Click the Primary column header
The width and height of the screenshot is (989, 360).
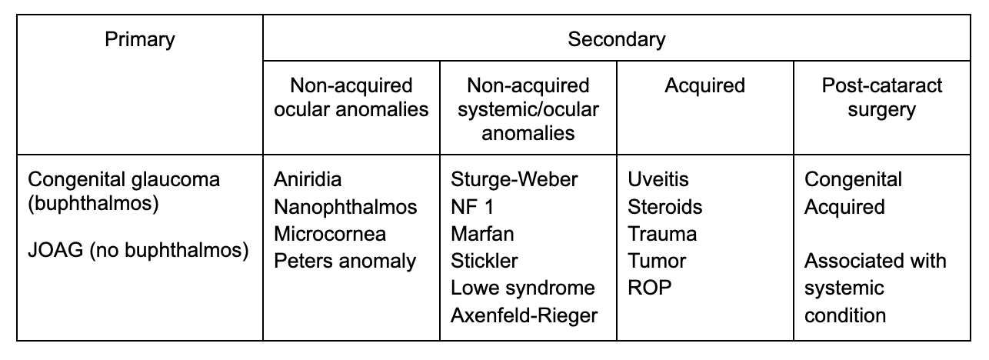click(139, 38)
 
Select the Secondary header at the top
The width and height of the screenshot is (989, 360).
click(617, 38)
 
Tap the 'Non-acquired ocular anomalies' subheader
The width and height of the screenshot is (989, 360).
click(352, 97)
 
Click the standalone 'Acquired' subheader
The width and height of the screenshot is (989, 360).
click(705, 85)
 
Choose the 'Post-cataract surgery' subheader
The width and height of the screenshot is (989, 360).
click(881, 97)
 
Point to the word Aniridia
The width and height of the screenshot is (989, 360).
click(308, 180)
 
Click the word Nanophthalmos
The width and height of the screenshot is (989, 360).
click(345, 207)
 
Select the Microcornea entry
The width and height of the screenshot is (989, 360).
click(330, 234)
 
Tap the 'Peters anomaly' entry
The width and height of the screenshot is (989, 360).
click(345, 261)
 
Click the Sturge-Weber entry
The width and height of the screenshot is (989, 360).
click(514, 180)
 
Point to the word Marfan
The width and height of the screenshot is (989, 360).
click(482, 234)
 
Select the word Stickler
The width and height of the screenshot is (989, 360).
click(485, 261)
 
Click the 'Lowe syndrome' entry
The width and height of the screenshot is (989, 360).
click(523, 288)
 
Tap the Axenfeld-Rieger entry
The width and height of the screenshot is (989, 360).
click(524, 315)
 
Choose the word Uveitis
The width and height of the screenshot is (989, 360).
click(658, 180)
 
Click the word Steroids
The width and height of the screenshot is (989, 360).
click(664, 207)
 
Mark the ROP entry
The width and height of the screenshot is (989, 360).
click(650, 288)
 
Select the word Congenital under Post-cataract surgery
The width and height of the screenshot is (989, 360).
click(854, 180)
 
